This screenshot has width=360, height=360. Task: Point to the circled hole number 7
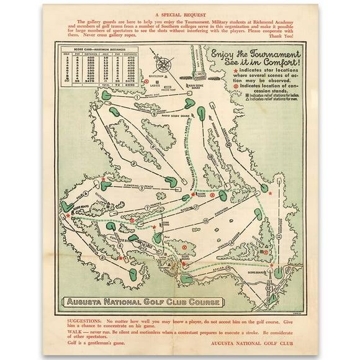(x=146, y=207)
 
